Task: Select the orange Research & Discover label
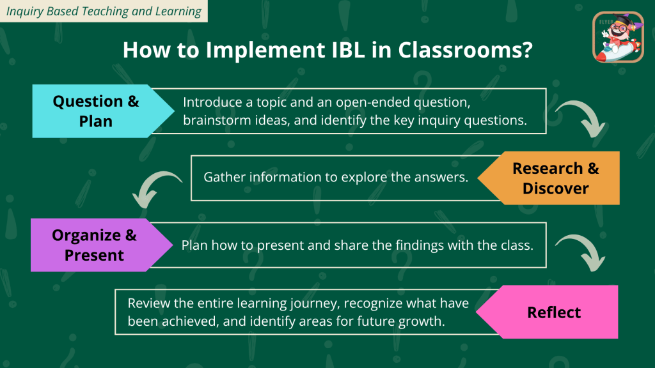[x=551, y=178]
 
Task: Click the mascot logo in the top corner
[x=619, y=37]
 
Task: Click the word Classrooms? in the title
[x=466, y=50]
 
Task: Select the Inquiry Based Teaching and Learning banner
[x=104, y=11]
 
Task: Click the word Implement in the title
[x=265, y=50]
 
